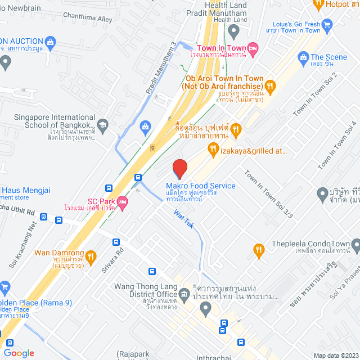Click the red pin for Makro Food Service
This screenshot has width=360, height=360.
[x=179, y=169]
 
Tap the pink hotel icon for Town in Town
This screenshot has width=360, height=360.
[x=253, y=49]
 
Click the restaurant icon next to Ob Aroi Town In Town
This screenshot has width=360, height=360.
[x=270, y=85]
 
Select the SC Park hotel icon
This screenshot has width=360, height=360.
[x=123, y=201]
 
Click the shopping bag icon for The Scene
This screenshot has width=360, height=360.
[x=303, y=57]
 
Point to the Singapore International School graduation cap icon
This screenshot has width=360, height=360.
[x=102, y=124]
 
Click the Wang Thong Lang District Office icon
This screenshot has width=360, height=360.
[x=184, y=293]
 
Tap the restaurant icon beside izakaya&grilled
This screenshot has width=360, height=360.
[x=213, y=149]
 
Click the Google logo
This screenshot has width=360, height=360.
[x=19, y=353]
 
